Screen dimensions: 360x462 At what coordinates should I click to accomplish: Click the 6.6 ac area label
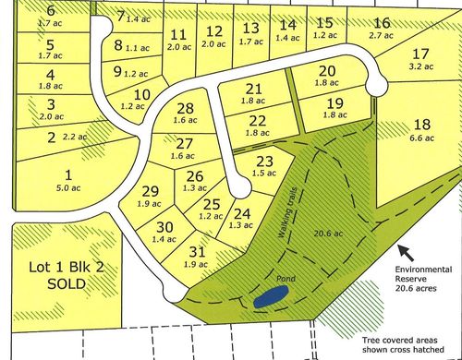coord(421,138)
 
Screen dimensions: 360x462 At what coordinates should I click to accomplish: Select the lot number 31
coord(196,251)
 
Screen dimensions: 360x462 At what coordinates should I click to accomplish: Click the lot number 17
coord(421,53)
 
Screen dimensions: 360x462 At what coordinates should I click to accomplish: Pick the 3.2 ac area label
coord(421,66)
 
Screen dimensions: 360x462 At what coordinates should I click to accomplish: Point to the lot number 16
coord(382,23)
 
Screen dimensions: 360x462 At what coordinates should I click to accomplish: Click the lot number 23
coord(263,161)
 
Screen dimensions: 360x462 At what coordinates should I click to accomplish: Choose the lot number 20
coord(326,71)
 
